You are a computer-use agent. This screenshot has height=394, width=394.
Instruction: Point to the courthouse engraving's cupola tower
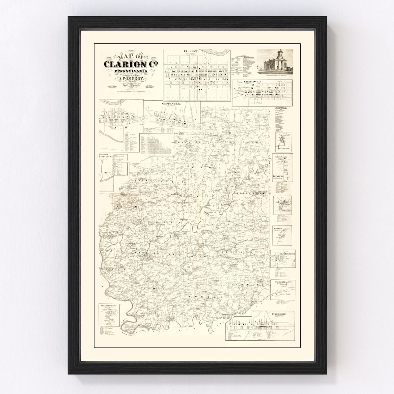tap(280, 54)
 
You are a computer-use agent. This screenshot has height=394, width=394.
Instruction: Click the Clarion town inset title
tap(190, 51)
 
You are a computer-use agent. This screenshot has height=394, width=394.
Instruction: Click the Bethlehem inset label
tap(104, 157)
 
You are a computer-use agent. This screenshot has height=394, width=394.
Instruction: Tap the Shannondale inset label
tap(283, 148)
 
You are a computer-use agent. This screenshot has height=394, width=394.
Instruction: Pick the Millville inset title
tap(279, 228)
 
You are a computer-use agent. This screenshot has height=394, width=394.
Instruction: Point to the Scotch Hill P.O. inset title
tap(283, 282)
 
